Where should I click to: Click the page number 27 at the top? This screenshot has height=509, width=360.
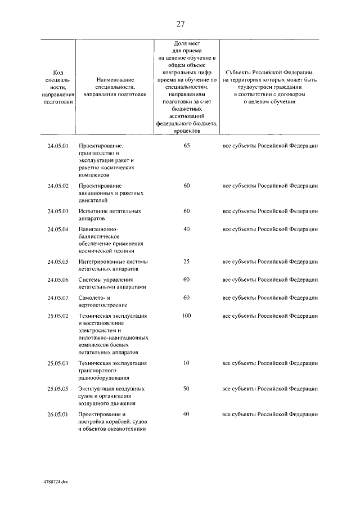point(180,24)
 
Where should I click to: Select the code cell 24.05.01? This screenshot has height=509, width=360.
point(58,146)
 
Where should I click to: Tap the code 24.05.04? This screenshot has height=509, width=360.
point(58,229)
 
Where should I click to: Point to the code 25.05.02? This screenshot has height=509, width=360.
point(58,316)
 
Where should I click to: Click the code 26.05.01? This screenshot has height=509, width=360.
point(58,415)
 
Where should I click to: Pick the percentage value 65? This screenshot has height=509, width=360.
point(187,146)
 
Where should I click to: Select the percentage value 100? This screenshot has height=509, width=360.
point(187,316)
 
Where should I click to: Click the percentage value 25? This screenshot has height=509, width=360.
point(187,262)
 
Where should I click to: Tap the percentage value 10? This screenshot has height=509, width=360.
point(187,364)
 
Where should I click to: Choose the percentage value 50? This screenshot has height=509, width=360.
point(187,389)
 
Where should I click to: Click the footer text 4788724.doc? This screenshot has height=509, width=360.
point(55,482)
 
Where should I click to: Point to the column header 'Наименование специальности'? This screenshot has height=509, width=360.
point(114,87)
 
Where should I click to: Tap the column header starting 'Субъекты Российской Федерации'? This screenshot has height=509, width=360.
point(270,87)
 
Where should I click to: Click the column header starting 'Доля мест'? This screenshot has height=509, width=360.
point(187,87)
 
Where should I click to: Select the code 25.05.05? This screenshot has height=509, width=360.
point(58,389)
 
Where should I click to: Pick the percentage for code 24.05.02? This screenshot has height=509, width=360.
point(187,186)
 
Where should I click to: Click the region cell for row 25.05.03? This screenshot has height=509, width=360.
point(270,364)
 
